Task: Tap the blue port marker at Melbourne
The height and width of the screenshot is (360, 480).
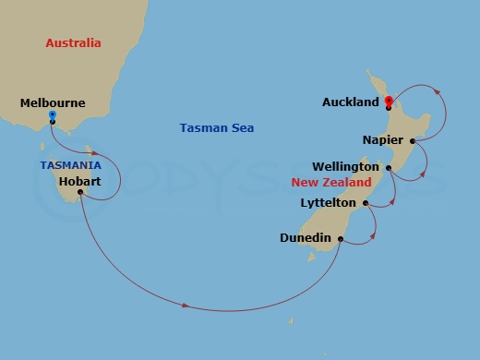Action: pos(52,114)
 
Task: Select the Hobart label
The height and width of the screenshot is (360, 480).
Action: pos(79,182)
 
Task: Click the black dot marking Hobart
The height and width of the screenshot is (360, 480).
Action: pos(81,193)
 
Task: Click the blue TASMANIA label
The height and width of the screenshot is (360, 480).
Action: pos(70,164)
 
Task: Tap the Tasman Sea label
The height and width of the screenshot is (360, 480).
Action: pos(216,128)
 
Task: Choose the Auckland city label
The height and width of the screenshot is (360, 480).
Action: pos(351,102)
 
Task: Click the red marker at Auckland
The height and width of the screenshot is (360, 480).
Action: pos(389,101)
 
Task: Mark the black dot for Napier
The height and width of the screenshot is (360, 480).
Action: pos(413,141)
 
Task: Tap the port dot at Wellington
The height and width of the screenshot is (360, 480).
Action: pos(389,168)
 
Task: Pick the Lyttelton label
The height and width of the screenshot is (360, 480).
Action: pos(330,202)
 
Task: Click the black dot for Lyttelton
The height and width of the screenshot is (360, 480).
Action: pos(366,203)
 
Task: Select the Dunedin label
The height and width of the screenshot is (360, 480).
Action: pos(306,238)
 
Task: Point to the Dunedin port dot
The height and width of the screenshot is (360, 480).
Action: pos(341,239)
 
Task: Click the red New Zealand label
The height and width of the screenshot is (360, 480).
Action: pos(325,184)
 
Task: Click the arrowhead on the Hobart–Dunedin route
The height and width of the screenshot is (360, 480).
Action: pos(187,306)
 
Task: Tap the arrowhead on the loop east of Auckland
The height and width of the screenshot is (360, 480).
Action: pos(438,92)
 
